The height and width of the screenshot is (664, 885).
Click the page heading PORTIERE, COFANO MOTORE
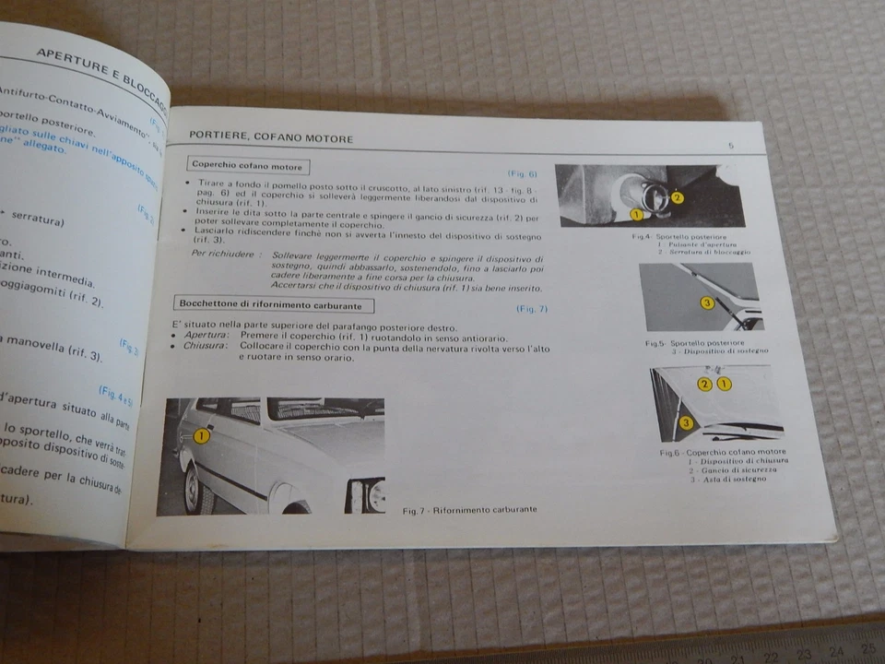pos(271,137)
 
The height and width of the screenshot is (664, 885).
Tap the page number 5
pos(730,146)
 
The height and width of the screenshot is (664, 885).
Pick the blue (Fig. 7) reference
pos(532,309)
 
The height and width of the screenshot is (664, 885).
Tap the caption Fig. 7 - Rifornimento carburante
pos(471,509)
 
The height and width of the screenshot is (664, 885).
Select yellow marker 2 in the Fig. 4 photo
pos(678,196)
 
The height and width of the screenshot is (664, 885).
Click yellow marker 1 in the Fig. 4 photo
pos(635,214)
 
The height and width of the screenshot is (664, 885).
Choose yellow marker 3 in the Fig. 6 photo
pos(685,422)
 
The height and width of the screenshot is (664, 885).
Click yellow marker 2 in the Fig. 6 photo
pos(705,383)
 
